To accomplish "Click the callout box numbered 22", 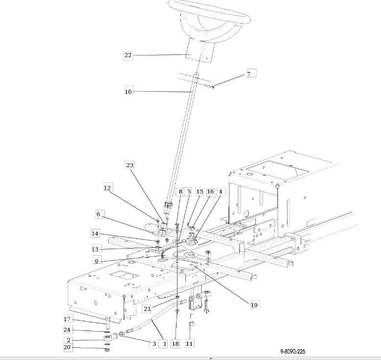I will point(128,55).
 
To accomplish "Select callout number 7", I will point(249,74).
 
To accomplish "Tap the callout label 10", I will point(128,91).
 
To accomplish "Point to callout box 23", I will point(130,165).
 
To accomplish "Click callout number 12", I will point(108,188).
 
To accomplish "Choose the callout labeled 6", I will point(98,214).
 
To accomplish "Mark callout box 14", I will point(95,233).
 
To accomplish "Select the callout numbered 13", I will point(95,249).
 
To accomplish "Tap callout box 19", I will point(254,305).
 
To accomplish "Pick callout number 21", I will point(147,308).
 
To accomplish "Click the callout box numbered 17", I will point(68,320).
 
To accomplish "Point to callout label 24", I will point(67,330).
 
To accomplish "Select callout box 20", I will point(67,347).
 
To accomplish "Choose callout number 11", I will point(189,343).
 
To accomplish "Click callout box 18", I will point(176,344).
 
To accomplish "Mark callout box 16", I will point(210,192).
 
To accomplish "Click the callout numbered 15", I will point(200,192).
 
